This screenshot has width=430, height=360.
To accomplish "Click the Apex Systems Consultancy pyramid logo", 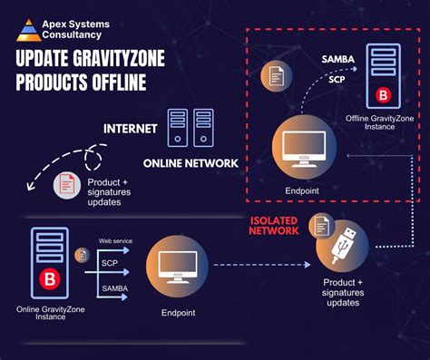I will [x=29, y=29].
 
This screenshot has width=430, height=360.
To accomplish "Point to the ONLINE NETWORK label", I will [x=191, y=162].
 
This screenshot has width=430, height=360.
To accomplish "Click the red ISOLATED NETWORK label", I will [x=276, y=225].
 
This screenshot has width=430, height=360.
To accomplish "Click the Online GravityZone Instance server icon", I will [x=50, y=263].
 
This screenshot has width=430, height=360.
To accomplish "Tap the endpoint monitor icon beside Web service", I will [x=177, y=265].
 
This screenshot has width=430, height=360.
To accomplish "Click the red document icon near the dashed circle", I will [x=66, y=185].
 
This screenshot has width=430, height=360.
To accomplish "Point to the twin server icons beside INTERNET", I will [x=191, y=128].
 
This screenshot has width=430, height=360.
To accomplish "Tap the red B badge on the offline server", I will [x=383, y=92].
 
